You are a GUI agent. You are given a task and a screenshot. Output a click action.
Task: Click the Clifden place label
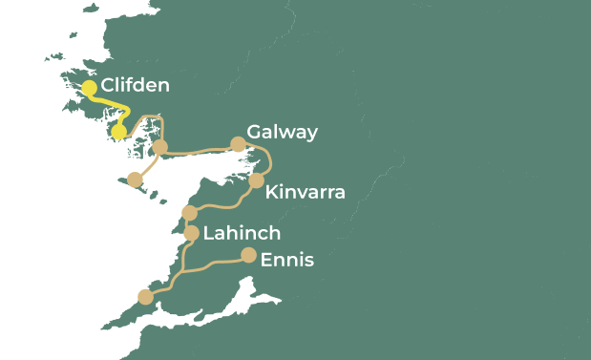(x=135, y=85)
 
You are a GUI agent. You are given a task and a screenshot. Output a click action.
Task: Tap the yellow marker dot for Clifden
(x=89, y=88)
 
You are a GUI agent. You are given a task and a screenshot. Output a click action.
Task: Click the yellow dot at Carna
(x=119, y=132)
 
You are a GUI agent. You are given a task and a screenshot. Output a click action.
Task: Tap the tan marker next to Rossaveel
(x=160, y=147)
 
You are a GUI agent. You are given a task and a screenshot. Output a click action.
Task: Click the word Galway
(x=282, y=132)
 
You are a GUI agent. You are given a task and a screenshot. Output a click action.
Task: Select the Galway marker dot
(x=238, y=144)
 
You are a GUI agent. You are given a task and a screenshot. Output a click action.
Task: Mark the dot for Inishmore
(x=135, y=180)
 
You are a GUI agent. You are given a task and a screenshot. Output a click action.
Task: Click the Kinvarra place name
(x=305, y=193)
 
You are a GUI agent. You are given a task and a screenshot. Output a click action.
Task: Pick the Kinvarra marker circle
(x=256, y=180)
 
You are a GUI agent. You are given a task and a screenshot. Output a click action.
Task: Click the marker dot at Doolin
(x=189, y=212)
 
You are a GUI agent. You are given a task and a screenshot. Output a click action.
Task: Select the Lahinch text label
(x=242, y=233)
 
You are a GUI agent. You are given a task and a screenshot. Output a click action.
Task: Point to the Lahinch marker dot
(x=191, y=233)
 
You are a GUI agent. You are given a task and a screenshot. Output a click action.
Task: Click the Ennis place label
(x=286, y=259)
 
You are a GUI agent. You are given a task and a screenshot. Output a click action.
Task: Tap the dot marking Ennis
(x=248, y=255)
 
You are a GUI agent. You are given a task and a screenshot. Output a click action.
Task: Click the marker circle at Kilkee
(x=145, y=297)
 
